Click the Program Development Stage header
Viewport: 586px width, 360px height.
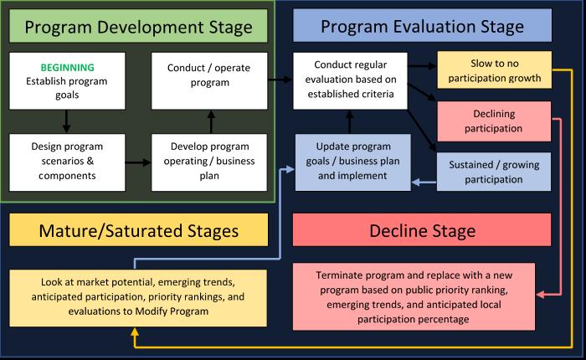(138, 28)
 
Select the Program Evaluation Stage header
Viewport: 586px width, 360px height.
(422, 27)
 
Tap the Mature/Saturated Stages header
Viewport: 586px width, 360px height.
(138, 229)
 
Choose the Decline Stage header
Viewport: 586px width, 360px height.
(422, 229)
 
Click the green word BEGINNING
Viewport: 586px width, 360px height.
(68, 67)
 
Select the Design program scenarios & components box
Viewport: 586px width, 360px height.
(68, 161)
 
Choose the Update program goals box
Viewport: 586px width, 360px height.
(352, 161)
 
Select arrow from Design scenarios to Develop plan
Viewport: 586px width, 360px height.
(138, 161)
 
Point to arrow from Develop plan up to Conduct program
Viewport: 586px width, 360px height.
(211, 121)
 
